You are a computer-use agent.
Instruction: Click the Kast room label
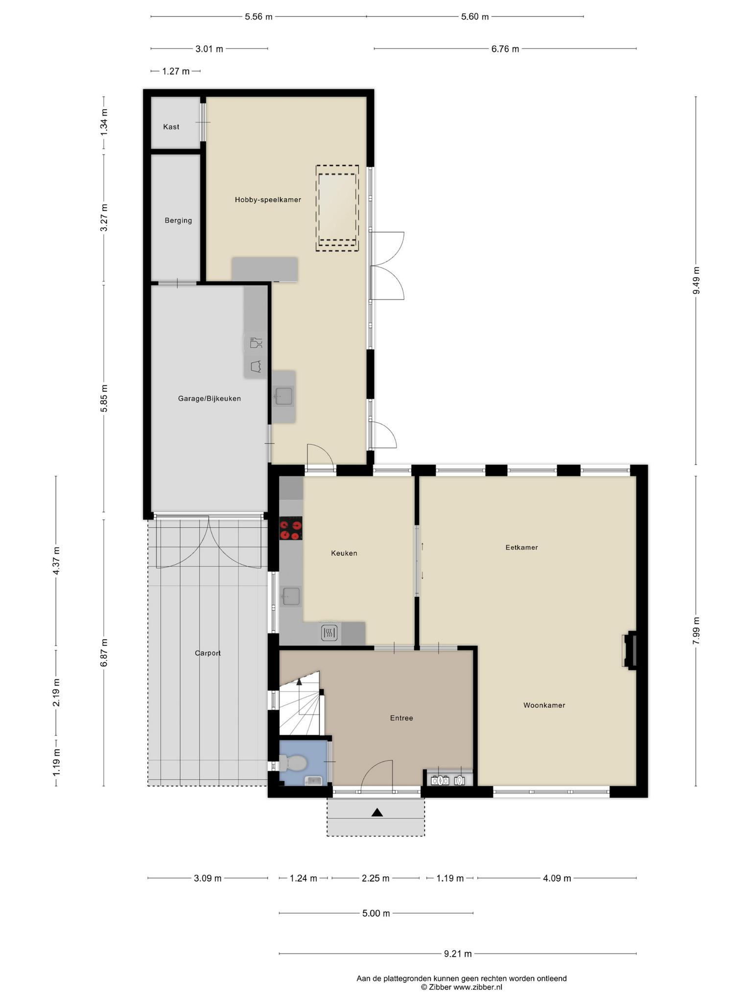[x=171, y=127]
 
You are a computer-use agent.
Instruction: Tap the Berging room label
[x=178, y=220]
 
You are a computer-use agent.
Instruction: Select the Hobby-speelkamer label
[x=268, y=200]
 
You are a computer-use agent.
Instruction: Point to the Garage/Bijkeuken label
[x=210, y=399]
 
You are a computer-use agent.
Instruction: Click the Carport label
[x=208, y=653]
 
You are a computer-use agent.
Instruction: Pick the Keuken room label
[x=344, y=553]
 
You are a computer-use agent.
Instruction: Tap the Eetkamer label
[x=522, y=547]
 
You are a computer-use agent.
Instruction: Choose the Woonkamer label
[x=544, y=705]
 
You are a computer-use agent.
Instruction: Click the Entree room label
[x=401, y=718]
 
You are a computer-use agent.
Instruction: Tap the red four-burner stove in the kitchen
[x=290, y=528]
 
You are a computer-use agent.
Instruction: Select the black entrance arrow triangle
[x=377, y=812]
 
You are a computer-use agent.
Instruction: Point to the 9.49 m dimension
[x=696, y=281]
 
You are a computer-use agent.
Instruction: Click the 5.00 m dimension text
[x=376, y=913]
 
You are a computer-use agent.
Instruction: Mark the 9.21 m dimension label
[x=458, y=954]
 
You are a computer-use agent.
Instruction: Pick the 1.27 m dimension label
[x=176, y=72]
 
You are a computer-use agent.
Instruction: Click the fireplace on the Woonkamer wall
[x=629, y=650]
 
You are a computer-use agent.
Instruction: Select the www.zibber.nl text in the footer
[x=478, y=987]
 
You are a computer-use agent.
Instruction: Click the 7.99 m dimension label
[x=696, y=632]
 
